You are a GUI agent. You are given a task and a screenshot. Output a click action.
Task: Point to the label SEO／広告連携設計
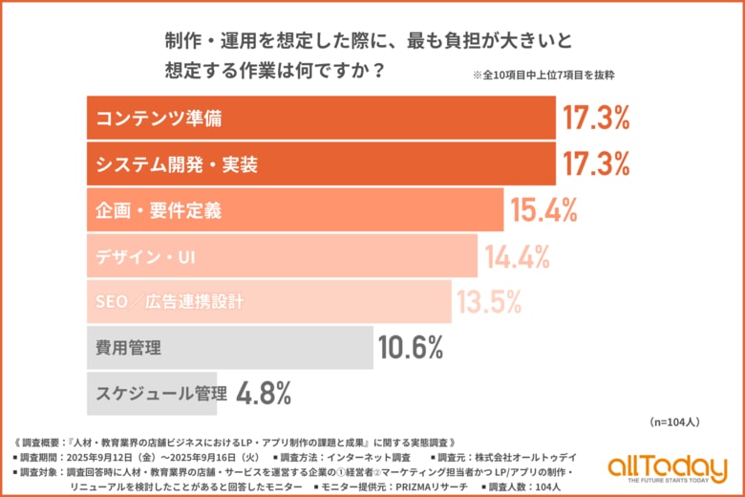[x=170, y=301]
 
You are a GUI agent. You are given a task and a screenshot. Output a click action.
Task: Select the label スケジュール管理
[x=161, y=392]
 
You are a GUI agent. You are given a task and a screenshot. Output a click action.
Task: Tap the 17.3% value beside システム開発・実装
[x=596, y=163]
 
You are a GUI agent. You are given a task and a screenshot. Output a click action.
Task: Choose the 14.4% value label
[x=518, y=255]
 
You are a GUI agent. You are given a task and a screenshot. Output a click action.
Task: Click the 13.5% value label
[x=490, y=301]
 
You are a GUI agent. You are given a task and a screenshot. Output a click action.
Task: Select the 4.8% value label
[x=263, y=392]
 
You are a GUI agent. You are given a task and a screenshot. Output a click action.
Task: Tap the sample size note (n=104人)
[x=674, y=421]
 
